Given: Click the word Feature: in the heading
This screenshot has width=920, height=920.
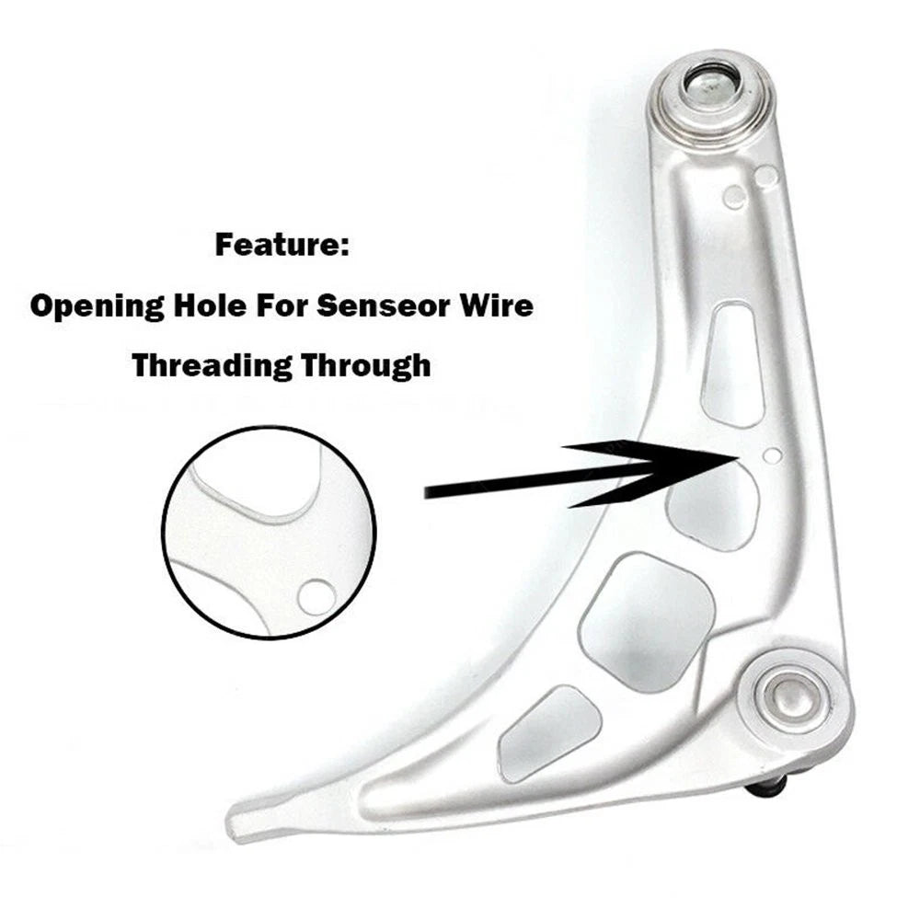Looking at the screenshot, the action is tap(282, 245).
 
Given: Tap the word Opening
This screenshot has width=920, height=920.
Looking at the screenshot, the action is tap(97, 307).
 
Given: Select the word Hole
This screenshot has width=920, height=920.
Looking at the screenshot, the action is tap(210, 305).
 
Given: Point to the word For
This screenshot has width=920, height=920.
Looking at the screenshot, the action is tap(281, 305).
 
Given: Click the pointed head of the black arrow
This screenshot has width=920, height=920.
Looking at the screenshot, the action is tap(733, 456).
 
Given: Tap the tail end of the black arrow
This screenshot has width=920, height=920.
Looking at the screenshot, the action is tap(426, 491).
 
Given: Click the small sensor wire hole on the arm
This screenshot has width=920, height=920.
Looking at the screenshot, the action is tap(773, 455).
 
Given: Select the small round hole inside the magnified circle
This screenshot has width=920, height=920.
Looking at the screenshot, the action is tap(316, 597).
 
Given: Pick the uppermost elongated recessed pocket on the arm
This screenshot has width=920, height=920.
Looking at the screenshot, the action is tap(732, 364).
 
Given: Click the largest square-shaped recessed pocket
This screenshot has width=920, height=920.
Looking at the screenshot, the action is tap(647, 622).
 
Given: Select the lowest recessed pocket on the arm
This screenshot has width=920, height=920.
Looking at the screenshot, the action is tap(548, 733).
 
